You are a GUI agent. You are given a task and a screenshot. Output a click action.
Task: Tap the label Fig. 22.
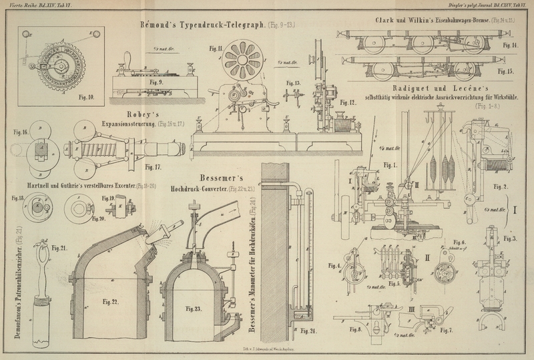tap(111, 303)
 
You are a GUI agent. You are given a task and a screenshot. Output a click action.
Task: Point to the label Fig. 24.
tap(308, 331)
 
